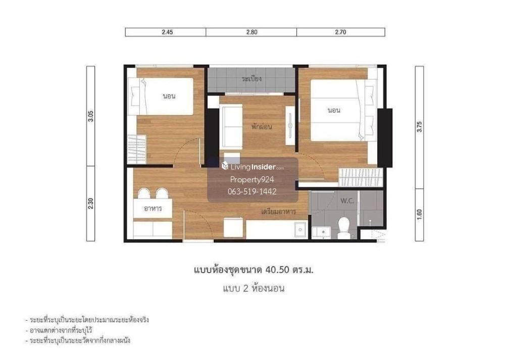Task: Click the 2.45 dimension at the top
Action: click(168, 32)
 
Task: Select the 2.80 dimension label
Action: click(252, 32)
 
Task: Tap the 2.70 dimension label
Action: click(340, 32)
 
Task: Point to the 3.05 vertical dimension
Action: click(91, 116)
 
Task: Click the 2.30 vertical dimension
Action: click(91, 203)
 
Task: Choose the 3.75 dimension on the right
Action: click(419, 127)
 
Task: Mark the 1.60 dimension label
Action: click(419, 215)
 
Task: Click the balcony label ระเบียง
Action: click(252, 79)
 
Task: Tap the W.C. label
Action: click(347, 201)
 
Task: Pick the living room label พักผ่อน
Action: click(262, 127)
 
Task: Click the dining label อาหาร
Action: click(153, 209)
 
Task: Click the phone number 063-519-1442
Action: click(252, 191)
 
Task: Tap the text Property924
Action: click(252, 180)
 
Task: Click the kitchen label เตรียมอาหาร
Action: click(279, 212)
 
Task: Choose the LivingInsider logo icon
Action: click(225, 166)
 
